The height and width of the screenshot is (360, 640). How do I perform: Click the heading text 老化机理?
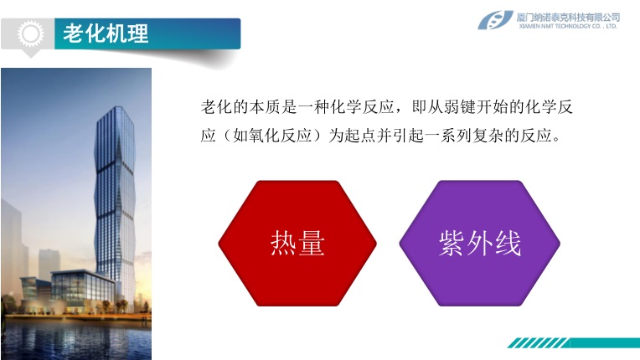point(106,33)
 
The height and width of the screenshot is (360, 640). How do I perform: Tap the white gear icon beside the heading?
point(31,33)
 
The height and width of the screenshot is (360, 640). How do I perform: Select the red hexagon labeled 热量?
point(297,244)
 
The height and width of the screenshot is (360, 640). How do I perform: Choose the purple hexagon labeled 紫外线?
point(480,244)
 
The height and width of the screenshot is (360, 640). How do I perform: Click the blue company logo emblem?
point(495,20)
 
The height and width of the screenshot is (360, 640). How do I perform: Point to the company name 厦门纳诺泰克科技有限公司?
point(568,17)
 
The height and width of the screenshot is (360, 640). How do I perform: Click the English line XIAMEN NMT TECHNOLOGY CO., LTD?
point(568,26)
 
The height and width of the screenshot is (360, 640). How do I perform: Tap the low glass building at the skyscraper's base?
point(81,286)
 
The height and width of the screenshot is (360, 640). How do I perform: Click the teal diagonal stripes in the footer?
point(539,343)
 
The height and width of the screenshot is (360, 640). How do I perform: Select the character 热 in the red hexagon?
point(283,244)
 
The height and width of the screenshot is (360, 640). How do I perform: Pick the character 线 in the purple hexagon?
point(508,244)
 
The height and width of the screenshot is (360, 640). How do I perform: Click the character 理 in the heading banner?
point(137,33)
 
